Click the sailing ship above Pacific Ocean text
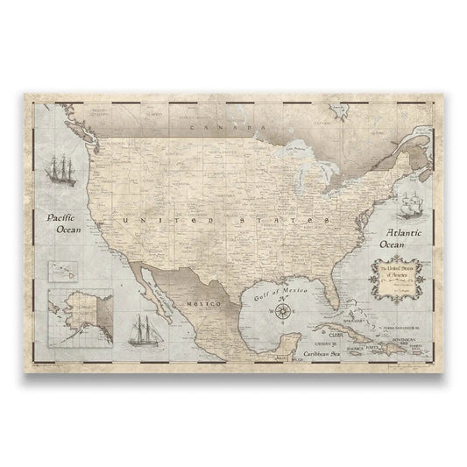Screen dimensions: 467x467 click(64, 171)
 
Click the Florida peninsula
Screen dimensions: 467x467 click(333, 298)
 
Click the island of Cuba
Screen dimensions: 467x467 click(346, 334)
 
